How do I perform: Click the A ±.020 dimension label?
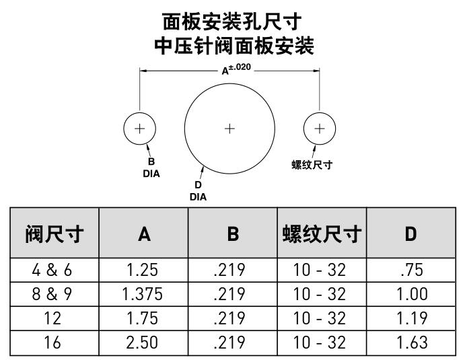(x=236, y=69)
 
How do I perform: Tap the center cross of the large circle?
(x=229, y=129)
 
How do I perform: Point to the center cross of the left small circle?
(x=140, y=129)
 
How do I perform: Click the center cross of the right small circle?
(x=320, y=129)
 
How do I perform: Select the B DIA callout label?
(x=151, y=168)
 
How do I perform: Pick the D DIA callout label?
(x=198, y=191)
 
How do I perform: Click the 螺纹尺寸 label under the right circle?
(x=312, y=164)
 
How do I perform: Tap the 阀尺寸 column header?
(x=55, y=234)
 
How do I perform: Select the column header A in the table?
(x=144, y=234)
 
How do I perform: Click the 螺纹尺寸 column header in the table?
(x=322, y=234)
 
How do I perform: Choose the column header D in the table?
(x=411, y=234)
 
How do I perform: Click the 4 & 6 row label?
(x=52, y=270)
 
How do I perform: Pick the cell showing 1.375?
(x=142, y=294)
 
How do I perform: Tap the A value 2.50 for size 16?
(x=142, y=343)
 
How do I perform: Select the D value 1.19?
(x=412, y=318)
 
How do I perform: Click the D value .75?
(x=412, y=270)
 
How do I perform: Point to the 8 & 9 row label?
(x=52, y=294)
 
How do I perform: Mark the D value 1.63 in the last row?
(x=412, y=343)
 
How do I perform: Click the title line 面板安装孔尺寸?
(x=232, y=22)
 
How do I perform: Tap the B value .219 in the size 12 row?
(x=229, y=318)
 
